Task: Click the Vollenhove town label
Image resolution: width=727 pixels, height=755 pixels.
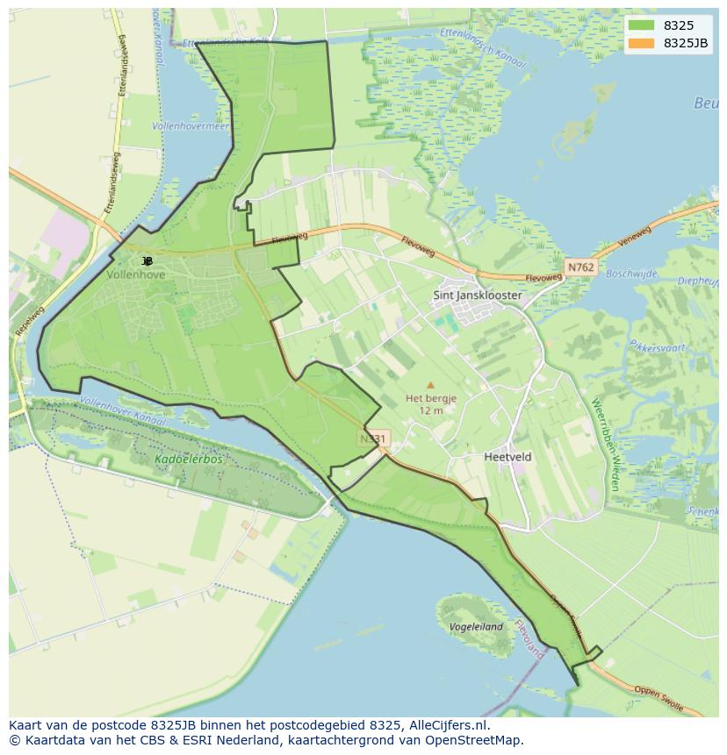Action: click(x=135, y=274)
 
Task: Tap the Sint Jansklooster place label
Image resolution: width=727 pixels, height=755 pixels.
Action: click(x=477, y=296)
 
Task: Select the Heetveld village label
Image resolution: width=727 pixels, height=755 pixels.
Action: click(x=507, y=457)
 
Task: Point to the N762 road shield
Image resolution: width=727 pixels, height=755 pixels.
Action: click(x=579, y=267)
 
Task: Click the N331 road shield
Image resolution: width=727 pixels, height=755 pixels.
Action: click(x=373, y=438)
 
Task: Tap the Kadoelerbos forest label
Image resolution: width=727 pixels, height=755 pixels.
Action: click(x=188, y=459)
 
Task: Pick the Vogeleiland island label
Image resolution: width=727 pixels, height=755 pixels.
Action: click(x=475, y=627)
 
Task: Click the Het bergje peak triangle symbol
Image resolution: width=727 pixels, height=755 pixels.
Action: click(x=430, y=384)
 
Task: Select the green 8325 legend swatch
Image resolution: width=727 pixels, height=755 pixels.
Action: click(x=641, y=25)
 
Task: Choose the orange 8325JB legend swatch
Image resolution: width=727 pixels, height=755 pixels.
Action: click(x=641, y=43)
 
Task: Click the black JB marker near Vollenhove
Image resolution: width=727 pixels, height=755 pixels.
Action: click(x=147, y=260)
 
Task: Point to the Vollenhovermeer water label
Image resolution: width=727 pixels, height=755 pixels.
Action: click(x=190, y=126)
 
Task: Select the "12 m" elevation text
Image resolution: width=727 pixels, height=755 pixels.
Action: click(x=430, y=410)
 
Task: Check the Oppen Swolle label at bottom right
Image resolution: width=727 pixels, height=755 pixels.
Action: click(x=659, y=694)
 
